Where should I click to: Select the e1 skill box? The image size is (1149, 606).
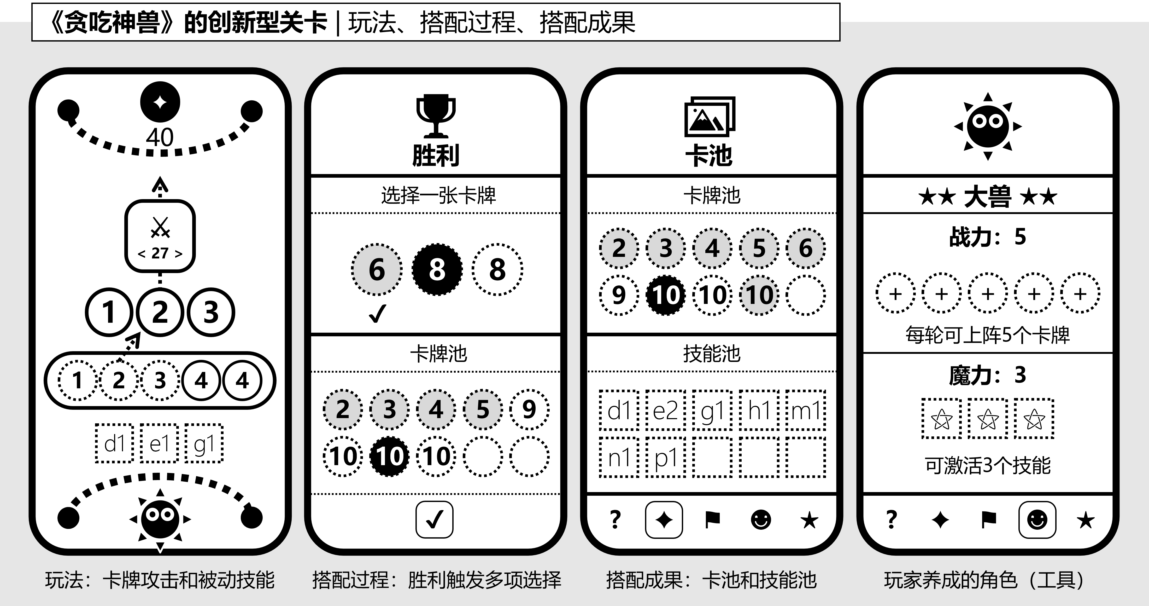click(x=159, y=443)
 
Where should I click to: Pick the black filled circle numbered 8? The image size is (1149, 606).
click(x=437, y=269)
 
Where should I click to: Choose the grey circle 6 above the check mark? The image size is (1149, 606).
click(x=377, y=269)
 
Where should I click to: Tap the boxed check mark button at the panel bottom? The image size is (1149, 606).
click(x=435, y=520)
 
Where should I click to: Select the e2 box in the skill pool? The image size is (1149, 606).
click(x=665, y=410)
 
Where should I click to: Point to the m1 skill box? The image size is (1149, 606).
click(x=806, y=410)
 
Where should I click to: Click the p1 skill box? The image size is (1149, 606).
click(x=665, y=457)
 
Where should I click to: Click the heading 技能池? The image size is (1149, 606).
click(x=712, y=354)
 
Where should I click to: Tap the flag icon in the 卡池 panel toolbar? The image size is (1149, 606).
click(x=712, y=520)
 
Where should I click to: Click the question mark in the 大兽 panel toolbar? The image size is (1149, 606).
click(x=891, y=520)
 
